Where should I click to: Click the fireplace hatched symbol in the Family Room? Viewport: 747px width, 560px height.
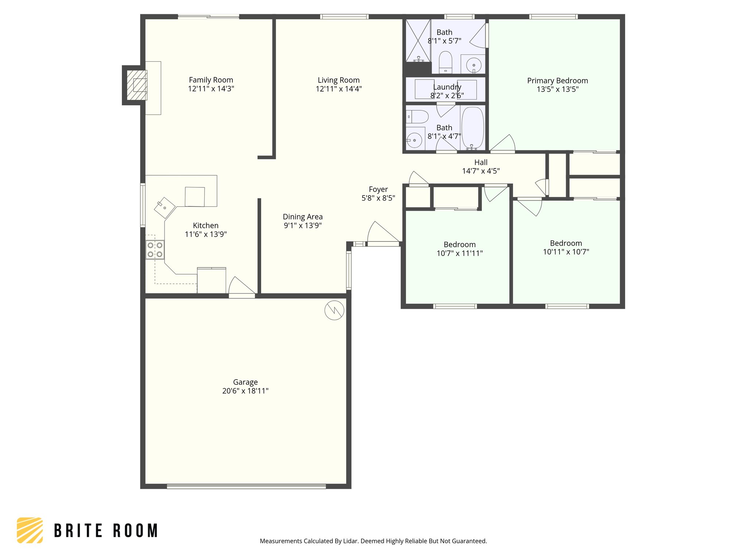[x=137, y=85]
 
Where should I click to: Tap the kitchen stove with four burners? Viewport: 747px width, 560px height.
[x=155, y=250]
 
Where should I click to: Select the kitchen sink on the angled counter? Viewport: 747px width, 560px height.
[x=165, y=208]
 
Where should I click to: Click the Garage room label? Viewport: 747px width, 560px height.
[x=245, y=382]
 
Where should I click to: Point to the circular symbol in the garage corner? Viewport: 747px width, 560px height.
[x=334, y=310]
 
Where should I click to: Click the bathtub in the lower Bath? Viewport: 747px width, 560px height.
[x=473, y=128]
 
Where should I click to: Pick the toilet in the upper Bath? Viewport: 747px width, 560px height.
[x=445, y=62]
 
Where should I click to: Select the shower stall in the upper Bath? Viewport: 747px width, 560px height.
[x=418, y=40]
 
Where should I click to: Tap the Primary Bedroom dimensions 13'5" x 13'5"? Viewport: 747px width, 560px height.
[x=557, y=89]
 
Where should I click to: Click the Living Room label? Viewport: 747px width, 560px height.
[x=338, y=80]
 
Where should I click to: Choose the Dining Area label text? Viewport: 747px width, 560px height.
[x=303, y=217]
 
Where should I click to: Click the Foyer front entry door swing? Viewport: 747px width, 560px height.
[x=383, y=234]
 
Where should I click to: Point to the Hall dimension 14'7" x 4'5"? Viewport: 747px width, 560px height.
[x=481, y=171]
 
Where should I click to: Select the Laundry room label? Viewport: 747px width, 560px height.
[x=447, y=87]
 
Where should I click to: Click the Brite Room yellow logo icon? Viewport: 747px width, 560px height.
[x=30, y=530]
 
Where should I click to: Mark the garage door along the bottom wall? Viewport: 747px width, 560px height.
[x=246, y=486]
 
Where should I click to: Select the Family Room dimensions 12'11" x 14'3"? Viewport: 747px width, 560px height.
[x=211, y=89]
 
